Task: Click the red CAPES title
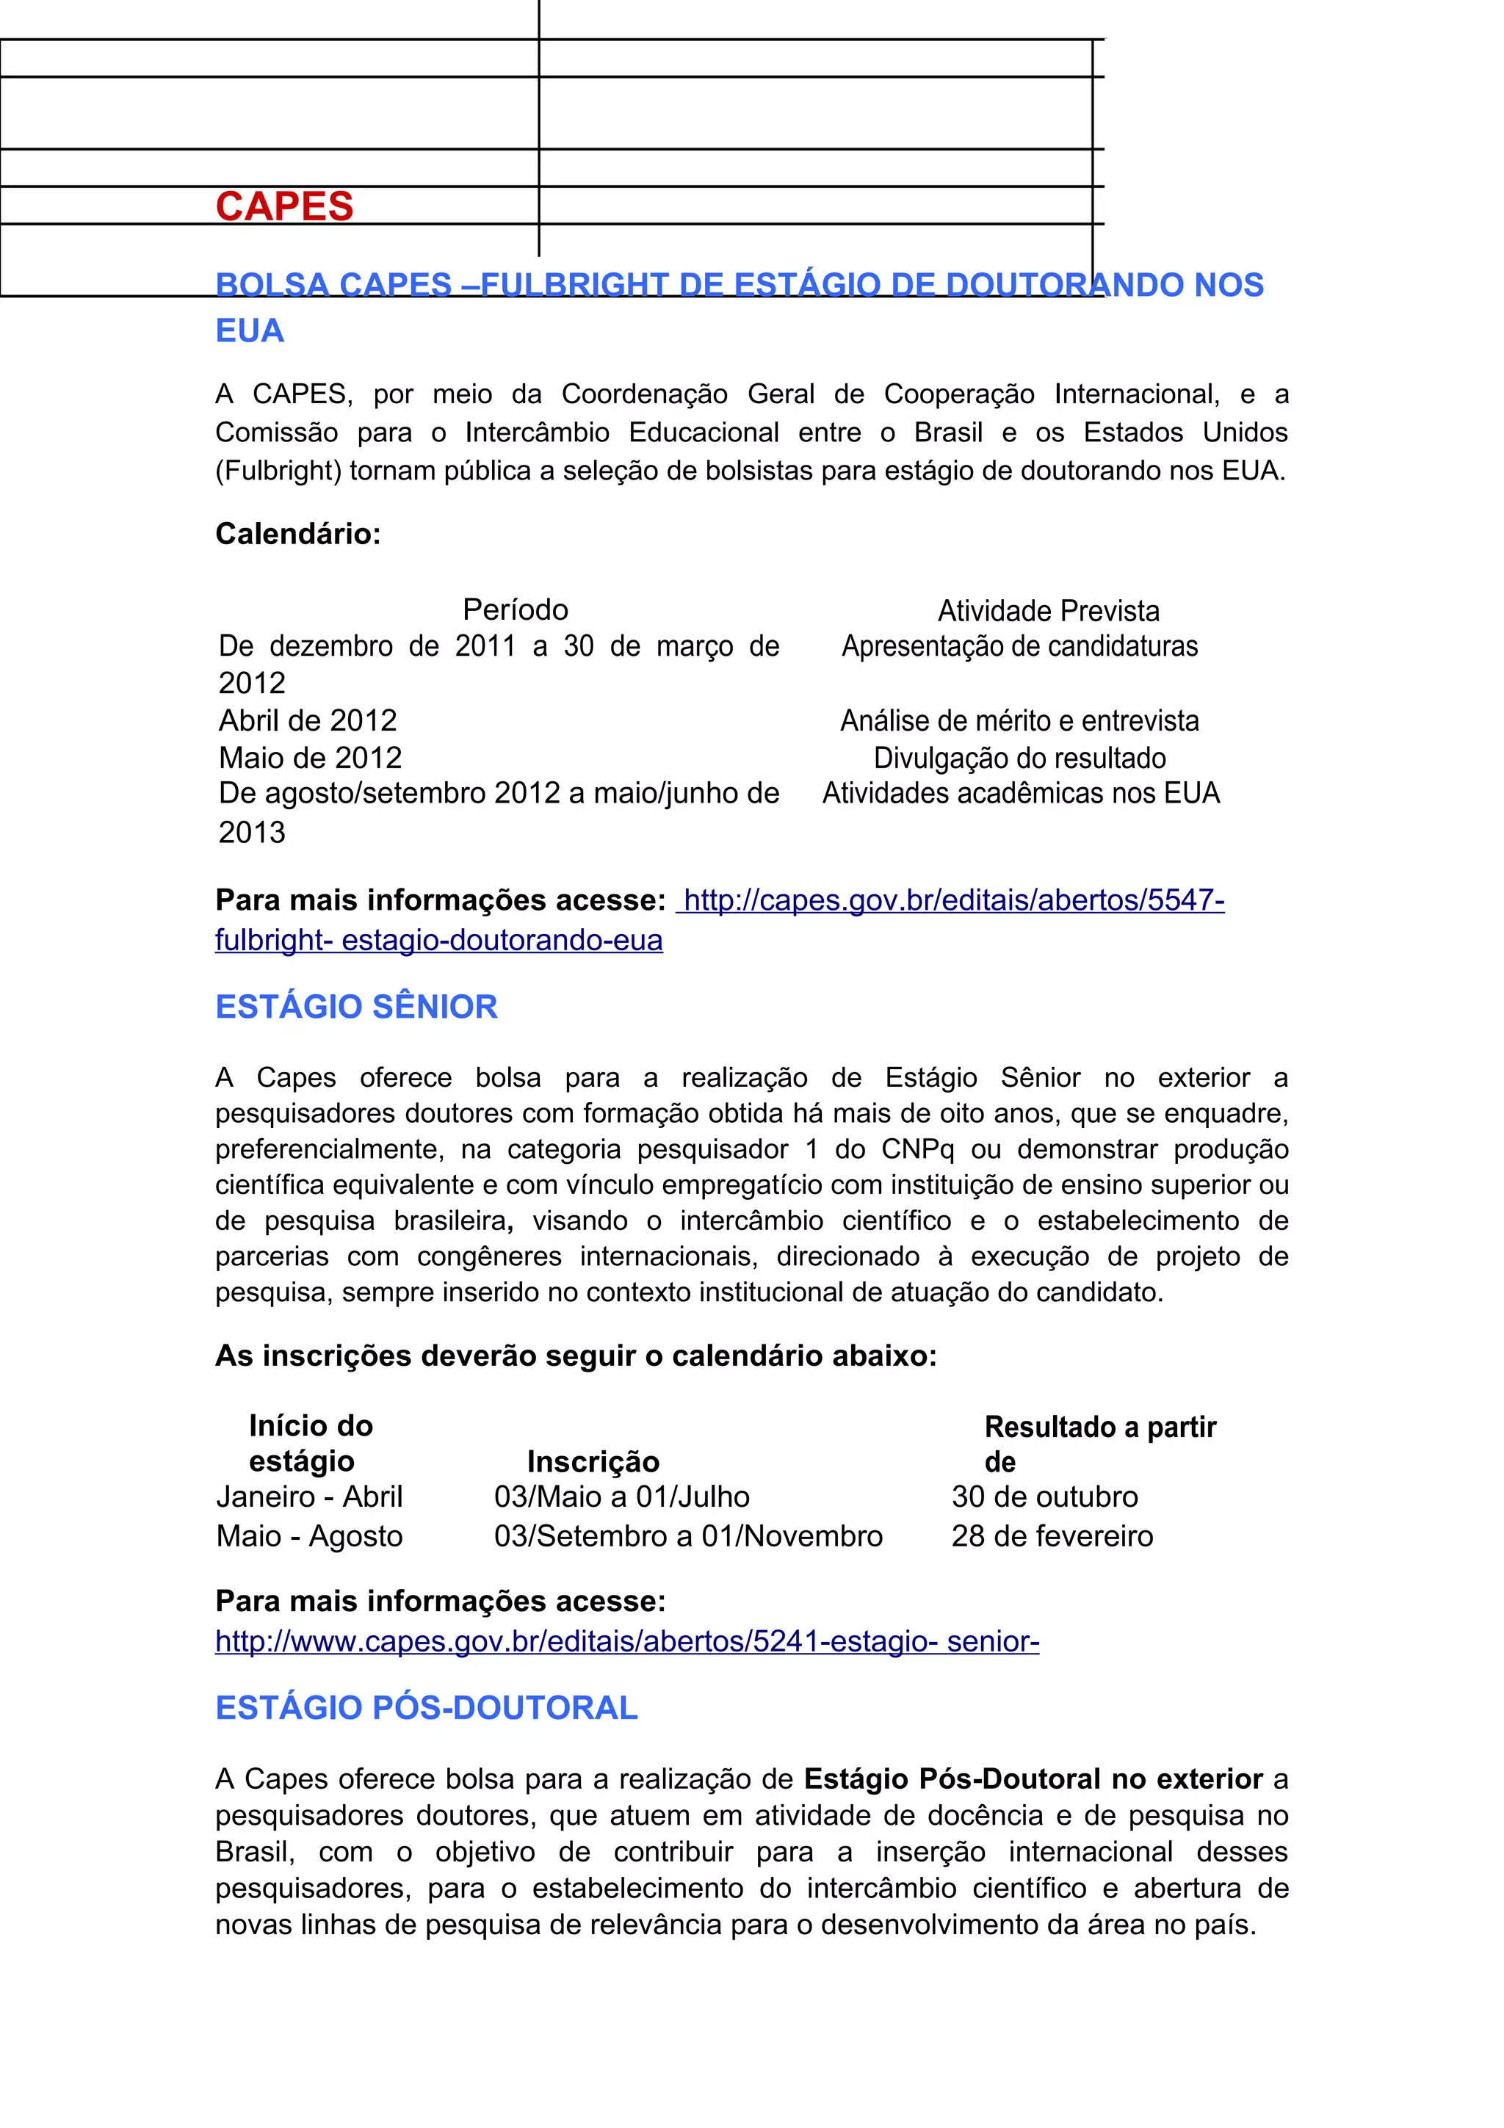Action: coord(284,206)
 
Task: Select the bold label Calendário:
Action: coord(297,534)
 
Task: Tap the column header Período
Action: coord(516,610)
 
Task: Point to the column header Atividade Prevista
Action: coord(1048,611)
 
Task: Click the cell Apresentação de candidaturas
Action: coord(1019,646)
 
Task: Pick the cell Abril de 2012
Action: coord(308,720)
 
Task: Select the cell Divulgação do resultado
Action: coord(1019,758)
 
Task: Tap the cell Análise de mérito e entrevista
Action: coord(1019,720)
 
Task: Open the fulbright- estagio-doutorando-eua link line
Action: coord(438,940)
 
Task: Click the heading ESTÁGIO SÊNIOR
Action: coord(356,1007)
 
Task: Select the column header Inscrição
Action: coord(593,1461)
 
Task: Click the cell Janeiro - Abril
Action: coord(309,1497)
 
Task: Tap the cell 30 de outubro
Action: coord(1044,1497)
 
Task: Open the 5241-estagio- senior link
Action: coord(626,1641)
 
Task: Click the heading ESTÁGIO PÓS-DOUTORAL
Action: coord(426,1708)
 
